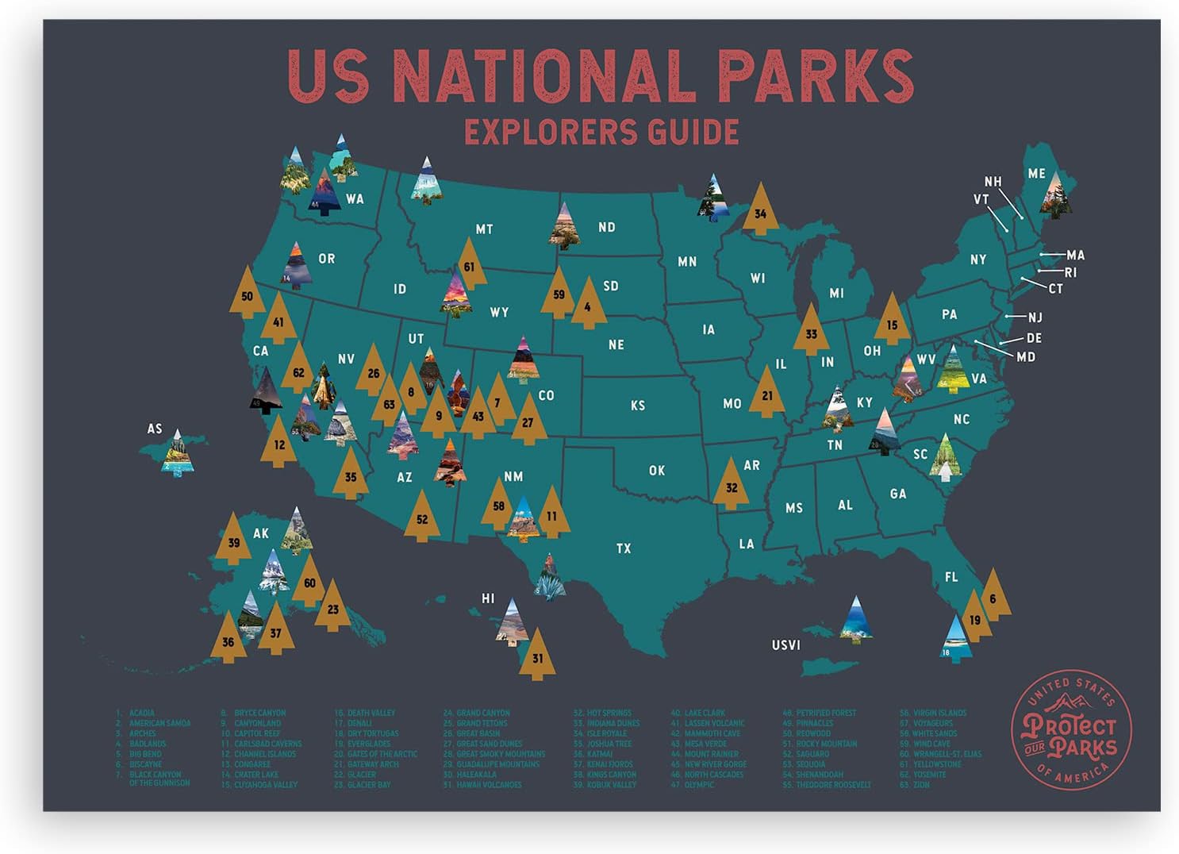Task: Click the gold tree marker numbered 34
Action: click(760, 212)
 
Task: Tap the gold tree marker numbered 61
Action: click(470, 267)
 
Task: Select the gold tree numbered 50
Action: click(247, 294)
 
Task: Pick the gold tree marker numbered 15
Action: click(892, 323)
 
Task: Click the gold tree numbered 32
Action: click(731, 486)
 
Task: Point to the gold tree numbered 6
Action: click(993, 598)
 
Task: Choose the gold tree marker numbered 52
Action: click(421, 518)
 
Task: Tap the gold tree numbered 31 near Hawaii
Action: click(537, 656)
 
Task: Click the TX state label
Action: click(624, 548)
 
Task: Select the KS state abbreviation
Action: click(638, 406)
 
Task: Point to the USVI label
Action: click(785, 645)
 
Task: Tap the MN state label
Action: click(687, 261)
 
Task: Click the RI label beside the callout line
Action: click(1070, 273)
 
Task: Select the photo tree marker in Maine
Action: click(1056, 195)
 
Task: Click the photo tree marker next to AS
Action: click(177, 454)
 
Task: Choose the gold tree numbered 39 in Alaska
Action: click(233, 542)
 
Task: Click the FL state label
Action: click(951, 577)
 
